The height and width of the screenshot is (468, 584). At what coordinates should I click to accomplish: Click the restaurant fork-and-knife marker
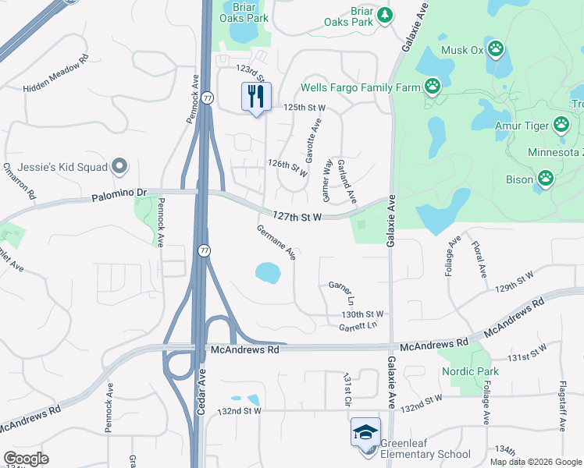point(255,97)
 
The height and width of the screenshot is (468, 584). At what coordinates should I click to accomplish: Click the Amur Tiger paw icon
point(561,124)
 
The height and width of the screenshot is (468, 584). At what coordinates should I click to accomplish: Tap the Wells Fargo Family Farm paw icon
point(433,87)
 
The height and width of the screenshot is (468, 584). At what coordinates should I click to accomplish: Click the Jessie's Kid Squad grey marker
point(119,165)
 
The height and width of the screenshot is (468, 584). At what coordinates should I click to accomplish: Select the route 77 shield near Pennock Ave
point(207,97)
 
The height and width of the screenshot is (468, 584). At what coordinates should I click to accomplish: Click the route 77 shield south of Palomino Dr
point(204,250)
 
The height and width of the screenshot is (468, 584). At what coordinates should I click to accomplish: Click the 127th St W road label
point(297,216)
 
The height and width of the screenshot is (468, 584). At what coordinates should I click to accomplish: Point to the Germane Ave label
point(277,242)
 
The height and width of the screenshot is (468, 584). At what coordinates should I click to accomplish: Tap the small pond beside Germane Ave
point(268,272)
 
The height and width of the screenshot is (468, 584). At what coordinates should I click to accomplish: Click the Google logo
point(27,459)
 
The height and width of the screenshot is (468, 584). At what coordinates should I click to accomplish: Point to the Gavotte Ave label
point(313,140)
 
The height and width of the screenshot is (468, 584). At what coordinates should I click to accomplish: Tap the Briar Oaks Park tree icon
point(384,15)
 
